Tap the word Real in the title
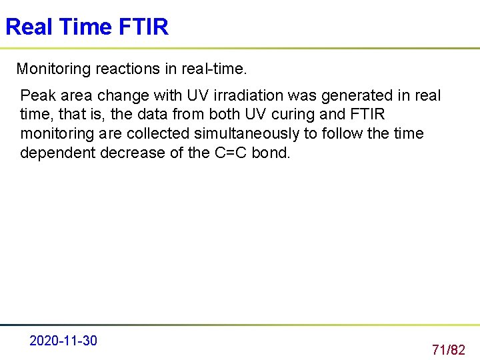click(29, 27)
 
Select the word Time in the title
click(85, 27)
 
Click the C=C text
click(230, 153)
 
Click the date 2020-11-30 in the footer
click(63, 341)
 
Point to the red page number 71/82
click(448, 349)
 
